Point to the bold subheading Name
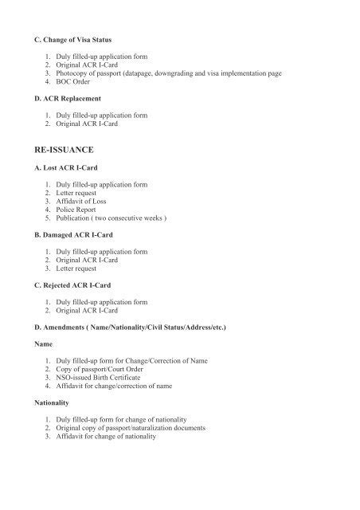tap(42, 345)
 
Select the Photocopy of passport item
tap(176, 73)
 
